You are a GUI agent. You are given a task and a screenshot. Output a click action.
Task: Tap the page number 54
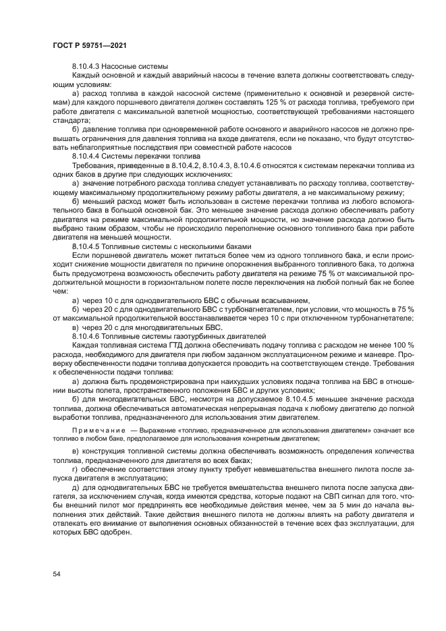pyautogui.click(x=57, y=574)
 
